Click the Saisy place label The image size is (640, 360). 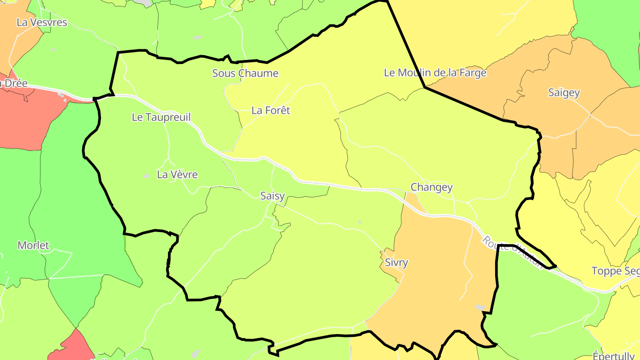(272, 196)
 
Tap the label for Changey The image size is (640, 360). (431, 187)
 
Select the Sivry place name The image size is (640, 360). (396, 262)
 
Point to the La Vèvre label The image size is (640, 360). (177, 175)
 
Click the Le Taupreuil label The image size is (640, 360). (161, 117)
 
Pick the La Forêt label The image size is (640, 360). (270, 110)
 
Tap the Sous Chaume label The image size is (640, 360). (245, 73)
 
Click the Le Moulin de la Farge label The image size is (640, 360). (435, 72)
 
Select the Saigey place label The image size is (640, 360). (564, 92)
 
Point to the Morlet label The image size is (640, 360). (33, 245)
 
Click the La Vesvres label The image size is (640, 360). (41, 22)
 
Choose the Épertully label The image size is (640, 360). (613, 356)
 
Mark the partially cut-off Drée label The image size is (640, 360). (13, 84)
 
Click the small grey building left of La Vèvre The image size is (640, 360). (146, 176)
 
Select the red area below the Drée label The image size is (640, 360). (27, 120)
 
